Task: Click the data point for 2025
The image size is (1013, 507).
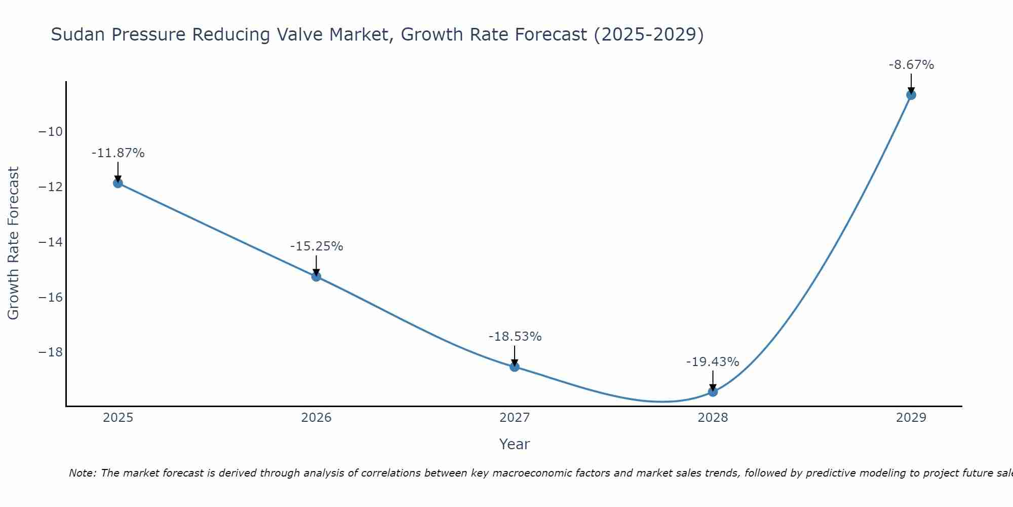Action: pyautogui.click(x=118, y=183)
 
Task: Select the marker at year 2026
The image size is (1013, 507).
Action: pyautogui.click(x=316, y=276)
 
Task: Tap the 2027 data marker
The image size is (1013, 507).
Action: pyautogui.click(x=515, y=367)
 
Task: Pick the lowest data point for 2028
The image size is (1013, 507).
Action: pyautogui.click(x=713, y=391)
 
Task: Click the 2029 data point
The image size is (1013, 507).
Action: pyautogui.click(x=911, y=95)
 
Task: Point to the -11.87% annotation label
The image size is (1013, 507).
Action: pyautogui.click(x=118, y=153)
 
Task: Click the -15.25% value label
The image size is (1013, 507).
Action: pyautogui.click(x=317, y=246)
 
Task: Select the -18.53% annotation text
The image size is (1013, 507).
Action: pyautogui.click(x=515, y=337)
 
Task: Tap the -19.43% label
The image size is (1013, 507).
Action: pyautogui.click(x=713, y=362)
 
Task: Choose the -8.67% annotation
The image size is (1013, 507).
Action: pyautogui.click(x=911, y=65)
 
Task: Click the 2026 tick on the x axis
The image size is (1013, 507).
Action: pyautogui.click(x=316, y=418)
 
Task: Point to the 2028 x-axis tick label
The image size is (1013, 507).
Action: pyautogui.click(x=713, y=418)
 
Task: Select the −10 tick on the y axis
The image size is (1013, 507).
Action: pyautogui.click(x=51, y=132)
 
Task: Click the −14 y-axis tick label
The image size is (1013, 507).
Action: pyautogui.click(x=51, y=242)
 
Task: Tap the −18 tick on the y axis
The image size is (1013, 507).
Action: pyautogui.click(x=51, y=352)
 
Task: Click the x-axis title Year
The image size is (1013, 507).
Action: pyautogui.click(x=514, y=444)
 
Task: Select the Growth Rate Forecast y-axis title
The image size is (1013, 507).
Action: pyautogui.click(x=13, y=243)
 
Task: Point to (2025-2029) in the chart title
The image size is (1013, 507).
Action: pyautogui.click(x=649, y=34)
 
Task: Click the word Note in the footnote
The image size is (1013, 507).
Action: pyautogui.click(x=82, y=473)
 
